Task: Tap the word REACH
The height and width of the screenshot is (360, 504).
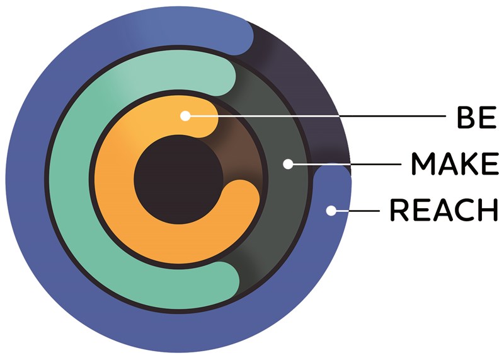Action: point(444,210)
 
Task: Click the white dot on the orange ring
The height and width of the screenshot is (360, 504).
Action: point(185,116)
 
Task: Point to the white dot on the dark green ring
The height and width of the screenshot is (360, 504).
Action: point(288,164)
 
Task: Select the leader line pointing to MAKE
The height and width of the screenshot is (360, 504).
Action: point(346,164)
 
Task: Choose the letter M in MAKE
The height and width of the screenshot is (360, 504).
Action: point(423,164)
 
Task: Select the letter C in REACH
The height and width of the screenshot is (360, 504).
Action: point(465,210)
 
